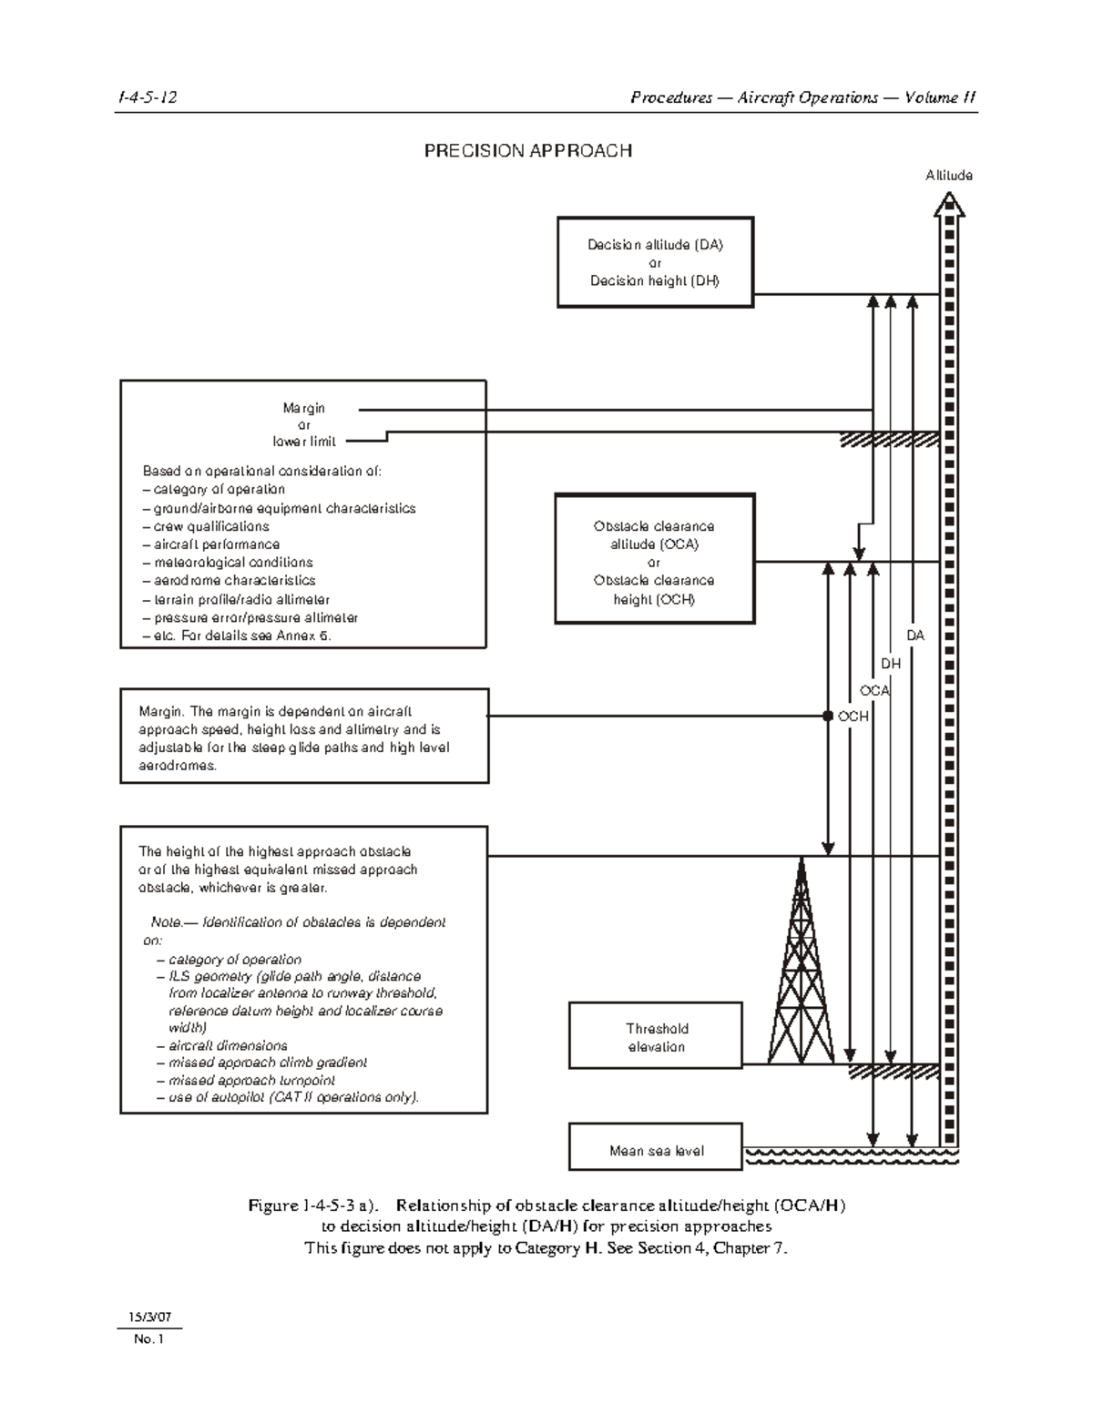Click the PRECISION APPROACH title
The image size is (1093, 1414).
[x=528, y=151]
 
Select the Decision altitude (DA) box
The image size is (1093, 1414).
[x=655, y=262]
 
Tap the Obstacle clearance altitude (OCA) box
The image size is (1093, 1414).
[x=654, y=558]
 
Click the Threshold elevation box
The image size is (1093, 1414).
[x=656, y=1035]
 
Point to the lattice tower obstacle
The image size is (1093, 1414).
[x=801, y=965]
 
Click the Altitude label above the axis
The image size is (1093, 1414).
[x=949, y=176]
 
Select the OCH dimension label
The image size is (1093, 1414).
[x=853, y=717]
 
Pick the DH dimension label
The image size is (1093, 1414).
[x=891, y=664]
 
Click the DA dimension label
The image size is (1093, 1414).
[x=914, y=636]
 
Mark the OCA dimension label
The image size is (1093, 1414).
[x=874, y=690]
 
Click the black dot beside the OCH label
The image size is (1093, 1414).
[x=828, y=716]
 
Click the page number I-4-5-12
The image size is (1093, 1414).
[x=146, y=97]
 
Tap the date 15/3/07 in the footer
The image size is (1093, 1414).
[x=148, y=1317]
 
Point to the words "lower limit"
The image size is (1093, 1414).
[x=304, y=442]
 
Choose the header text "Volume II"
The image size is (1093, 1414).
[x=941, y=97]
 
